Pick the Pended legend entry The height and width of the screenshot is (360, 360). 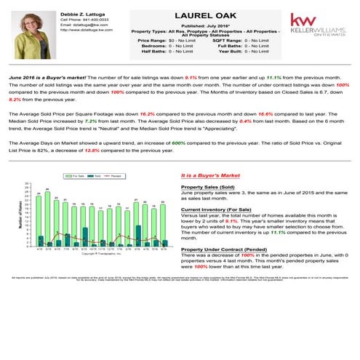click(x=113, y=175)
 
